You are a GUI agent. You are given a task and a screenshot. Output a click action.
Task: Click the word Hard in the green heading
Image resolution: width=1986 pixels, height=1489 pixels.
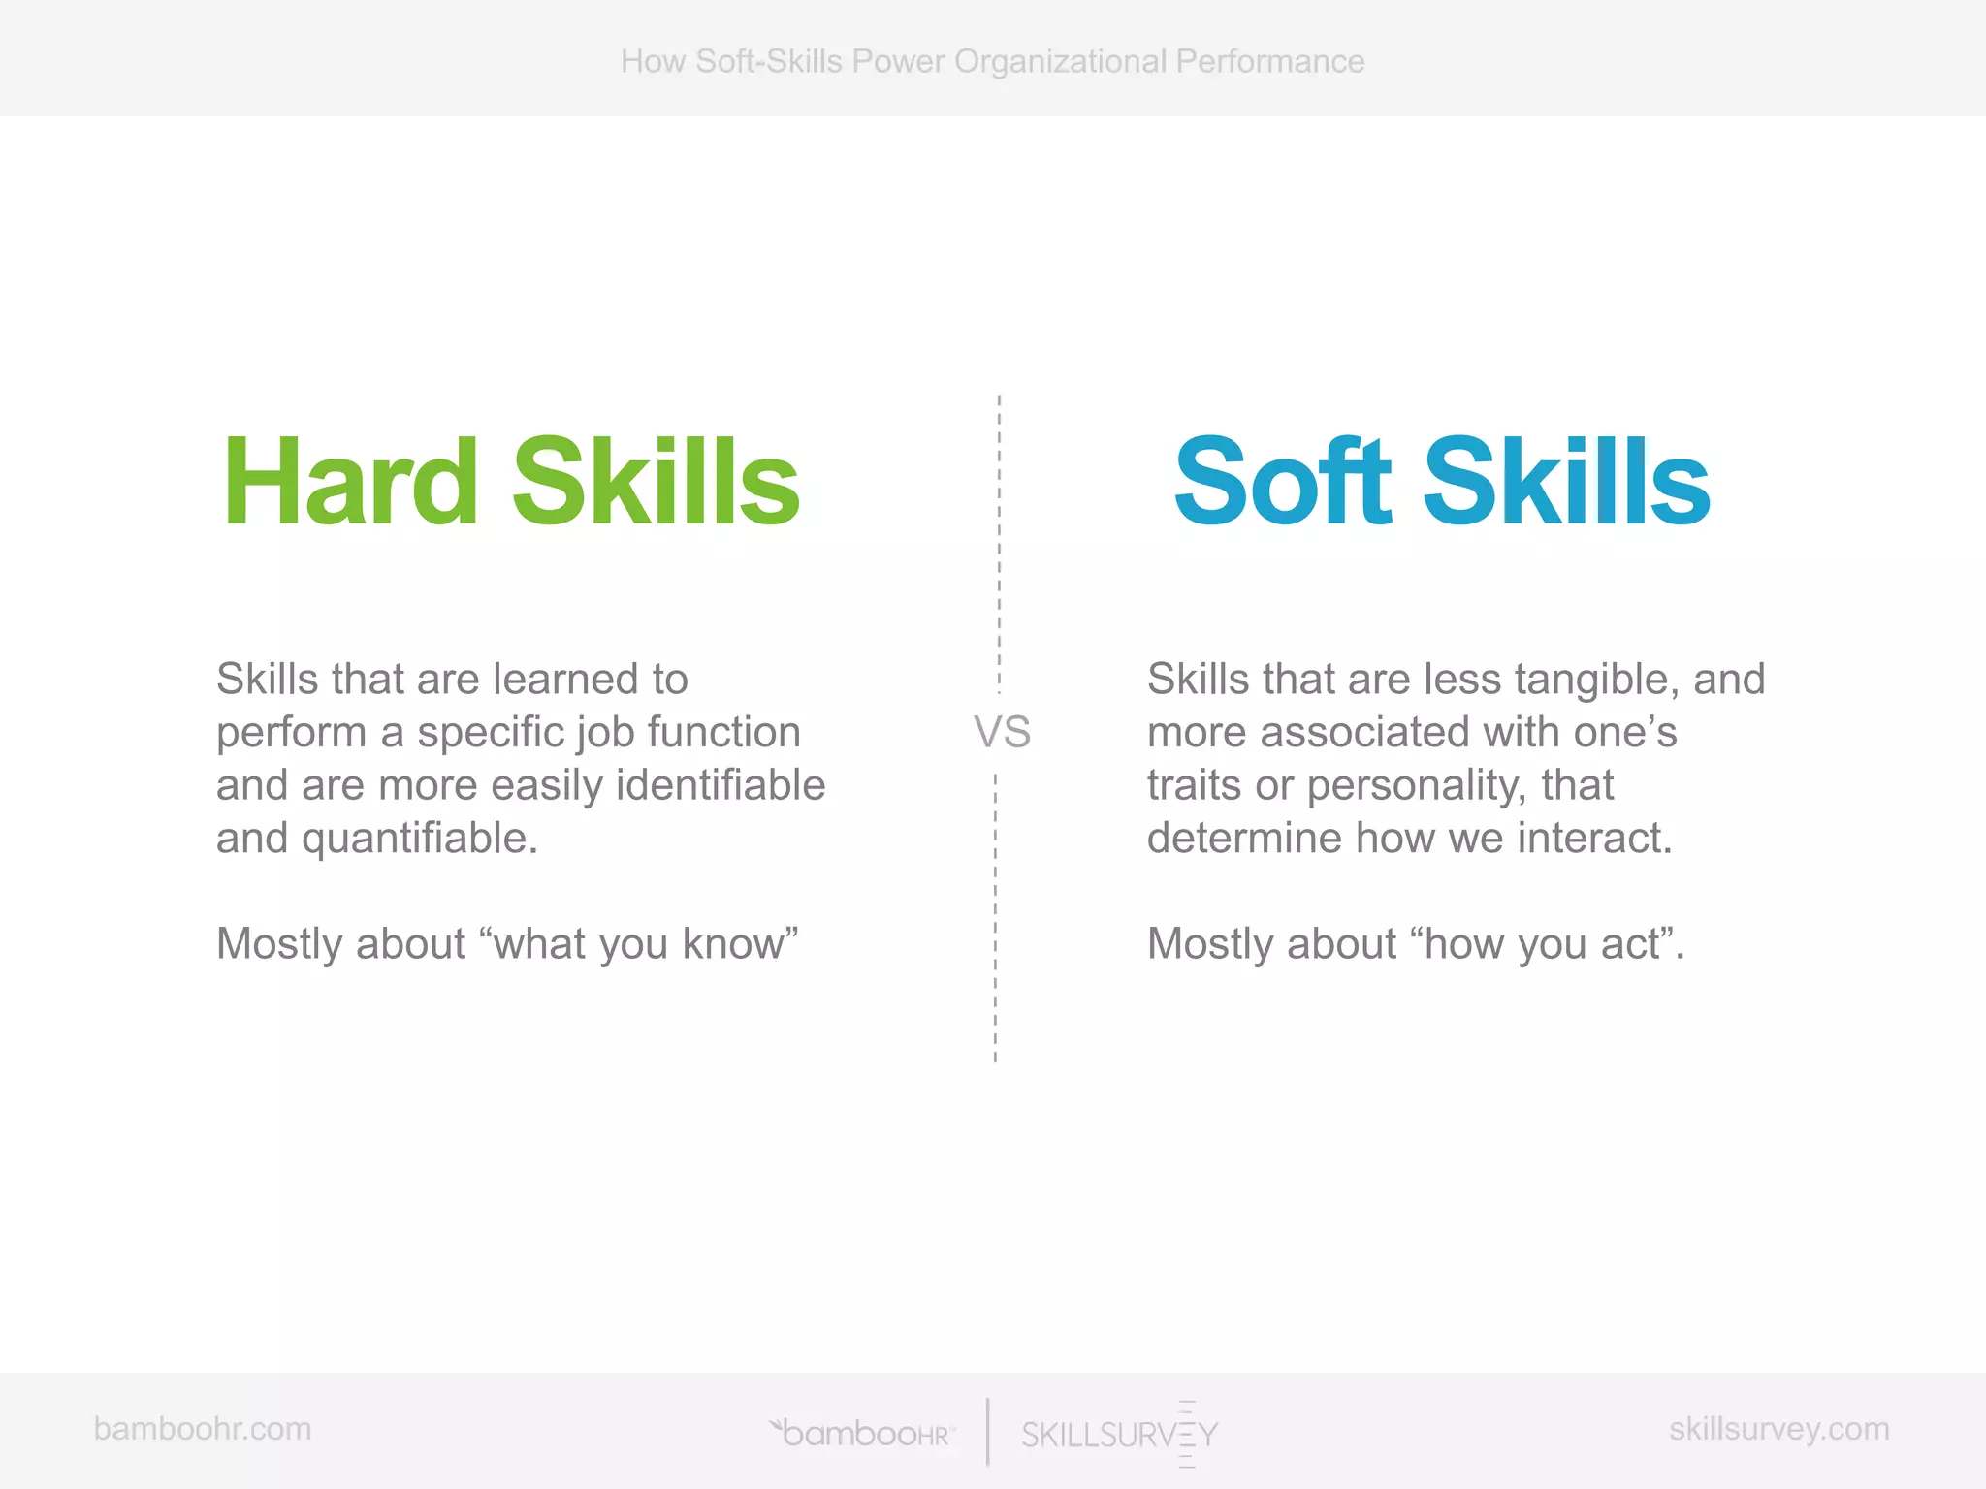tap(350, 482)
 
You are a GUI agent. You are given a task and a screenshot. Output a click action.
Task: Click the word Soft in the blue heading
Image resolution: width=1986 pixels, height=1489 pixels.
tap(1283, 482)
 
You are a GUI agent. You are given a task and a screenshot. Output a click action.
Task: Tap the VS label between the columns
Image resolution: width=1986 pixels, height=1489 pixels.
tap(1002, 732)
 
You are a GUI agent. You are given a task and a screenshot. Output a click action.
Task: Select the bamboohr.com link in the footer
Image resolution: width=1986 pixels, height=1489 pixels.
tap(203, 1429)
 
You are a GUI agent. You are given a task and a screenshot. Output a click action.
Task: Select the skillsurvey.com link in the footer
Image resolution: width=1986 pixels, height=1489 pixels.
tap(1779, 1429)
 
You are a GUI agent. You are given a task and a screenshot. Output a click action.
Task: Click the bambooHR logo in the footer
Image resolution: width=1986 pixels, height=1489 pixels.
tap(862, 1433)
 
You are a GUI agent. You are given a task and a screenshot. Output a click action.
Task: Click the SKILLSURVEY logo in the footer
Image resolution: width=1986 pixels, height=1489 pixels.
tap(1119, 1434)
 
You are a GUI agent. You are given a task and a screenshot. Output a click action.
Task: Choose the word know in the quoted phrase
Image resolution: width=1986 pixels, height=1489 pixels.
tap(734, 944)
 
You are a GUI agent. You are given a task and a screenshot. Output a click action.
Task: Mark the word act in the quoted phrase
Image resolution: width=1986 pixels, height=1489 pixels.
tap(1632, 944)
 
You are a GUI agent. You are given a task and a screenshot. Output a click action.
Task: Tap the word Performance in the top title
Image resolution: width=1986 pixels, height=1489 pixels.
tap(1270, 61)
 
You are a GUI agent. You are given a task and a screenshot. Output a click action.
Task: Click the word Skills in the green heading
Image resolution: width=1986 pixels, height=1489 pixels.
tap(657, 482)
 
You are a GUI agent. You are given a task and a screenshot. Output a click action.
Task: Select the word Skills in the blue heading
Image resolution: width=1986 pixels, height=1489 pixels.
tap(1566, 482)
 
